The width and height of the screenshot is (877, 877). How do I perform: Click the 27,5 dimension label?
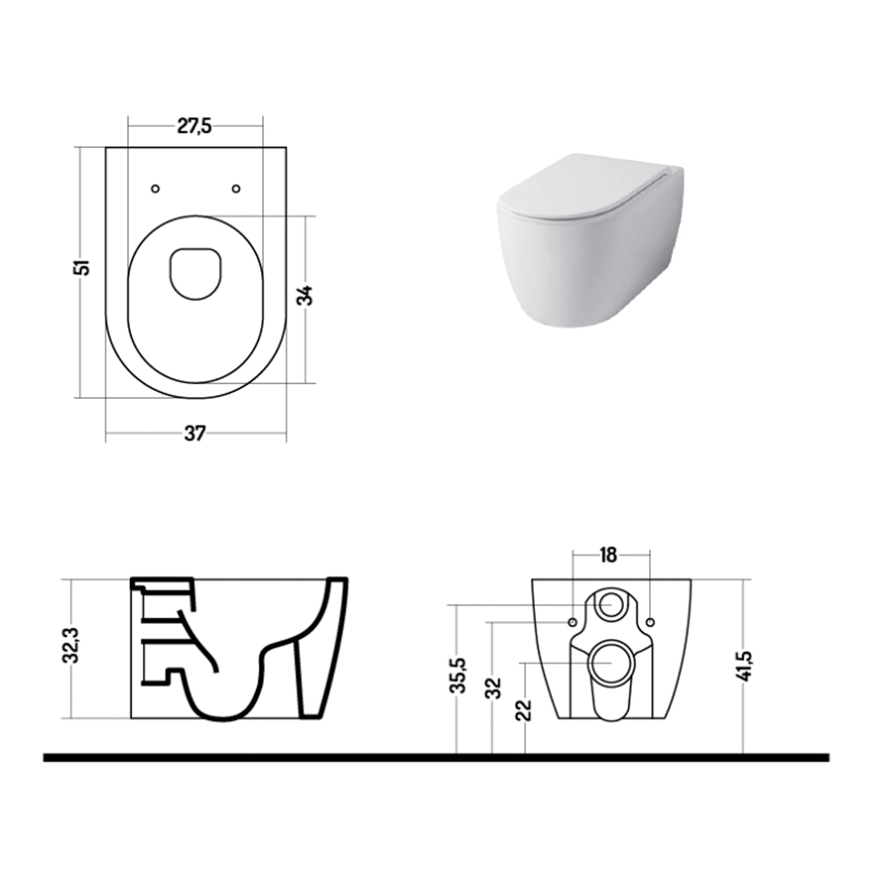195,126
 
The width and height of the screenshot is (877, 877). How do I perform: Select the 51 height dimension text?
85,267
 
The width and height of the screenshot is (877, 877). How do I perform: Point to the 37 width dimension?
195,434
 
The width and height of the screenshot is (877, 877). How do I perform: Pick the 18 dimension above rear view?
609,555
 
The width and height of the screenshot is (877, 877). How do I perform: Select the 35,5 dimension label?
459,675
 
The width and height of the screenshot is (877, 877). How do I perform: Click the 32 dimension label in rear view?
495,688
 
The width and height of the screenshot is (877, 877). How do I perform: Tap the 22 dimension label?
526,710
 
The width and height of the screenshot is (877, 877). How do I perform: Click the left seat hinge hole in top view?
155,188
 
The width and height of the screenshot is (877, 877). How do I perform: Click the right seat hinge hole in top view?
236,188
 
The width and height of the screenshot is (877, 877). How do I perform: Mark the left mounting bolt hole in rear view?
572,621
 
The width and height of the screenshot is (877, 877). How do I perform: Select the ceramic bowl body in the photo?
591,269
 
